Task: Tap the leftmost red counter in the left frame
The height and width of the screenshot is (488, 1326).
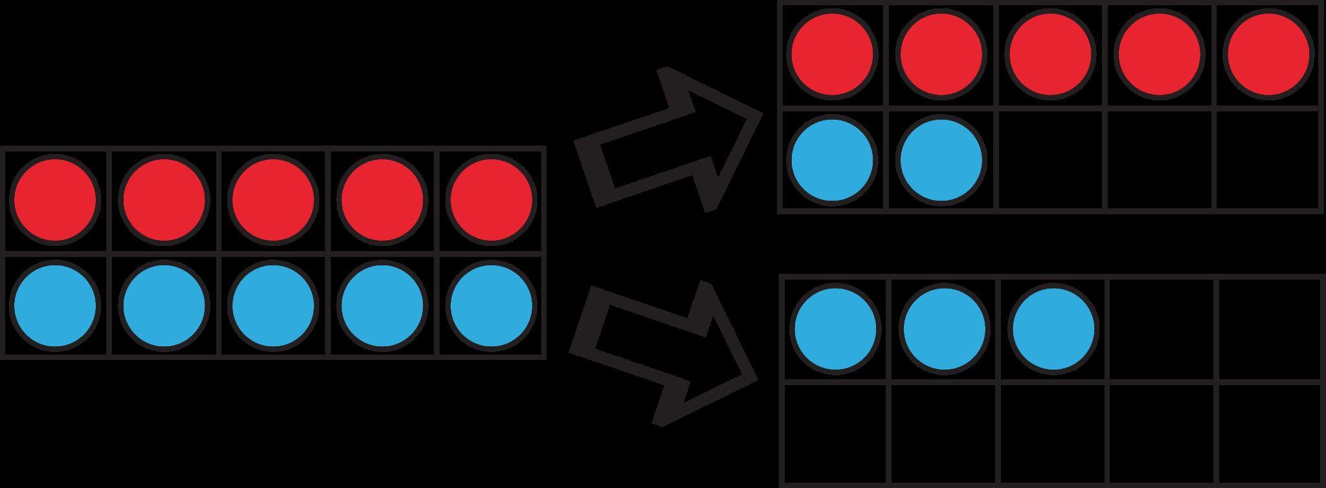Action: (55, 200)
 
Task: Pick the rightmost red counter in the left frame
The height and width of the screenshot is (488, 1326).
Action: (492, 200)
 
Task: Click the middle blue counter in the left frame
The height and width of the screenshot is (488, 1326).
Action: (273, 305)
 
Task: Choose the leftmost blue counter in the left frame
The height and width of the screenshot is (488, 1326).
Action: (55, 305)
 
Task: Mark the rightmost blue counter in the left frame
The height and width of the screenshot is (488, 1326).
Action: (492, 305)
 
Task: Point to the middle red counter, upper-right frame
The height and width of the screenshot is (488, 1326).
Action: (1050, 54)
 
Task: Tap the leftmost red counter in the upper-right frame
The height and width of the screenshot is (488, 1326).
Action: (832, 54)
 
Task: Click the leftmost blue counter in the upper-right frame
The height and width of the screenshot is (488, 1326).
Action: (832, 160)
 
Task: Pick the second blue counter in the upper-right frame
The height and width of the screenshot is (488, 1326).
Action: (941, 160)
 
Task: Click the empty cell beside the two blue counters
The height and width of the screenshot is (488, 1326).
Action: (1051, 160)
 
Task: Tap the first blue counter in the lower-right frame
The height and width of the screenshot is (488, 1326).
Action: (835, 329)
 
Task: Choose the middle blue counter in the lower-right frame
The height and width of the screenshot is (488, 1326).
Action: (944, 329)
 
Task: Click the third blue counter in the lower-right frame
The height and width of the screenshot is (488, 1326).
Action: (1053, 329)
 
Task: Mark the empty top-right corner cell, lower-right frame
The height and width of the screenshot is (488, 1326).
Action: (1270, 329)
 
